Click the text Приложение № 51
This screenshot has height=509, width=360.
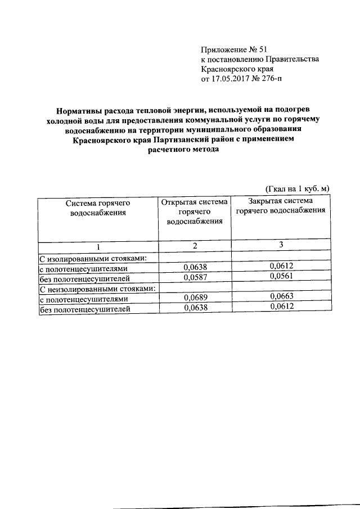tap(229, 49)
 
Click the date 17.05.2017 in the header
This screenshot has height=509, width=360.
tap(229, 79)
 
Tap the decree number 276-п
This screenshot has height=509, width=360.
tap(269, 79)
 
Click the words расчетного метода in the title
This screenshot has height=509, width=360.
tap(181, 151)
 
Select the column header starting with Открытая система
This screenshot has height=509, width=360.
tap(195, 211)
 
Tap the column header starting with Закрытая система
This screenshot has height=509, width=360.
tap(281, 206)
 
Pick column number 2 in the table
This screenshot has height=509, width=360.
tap(195, 246)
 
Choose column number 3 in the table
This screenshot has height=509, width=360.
tap(282, 245)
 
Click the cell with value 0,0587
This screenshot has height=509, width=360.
tap(195, 278)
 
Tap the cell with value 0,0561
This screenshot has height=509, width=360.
tap(282, 276)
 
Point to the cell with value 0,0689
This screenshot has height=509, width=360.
tap(195, 298)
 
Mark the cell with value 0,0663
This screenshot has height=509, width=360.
tap(282, 296)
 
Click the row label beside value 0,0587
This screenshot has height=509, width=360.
tap(84, 278)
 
